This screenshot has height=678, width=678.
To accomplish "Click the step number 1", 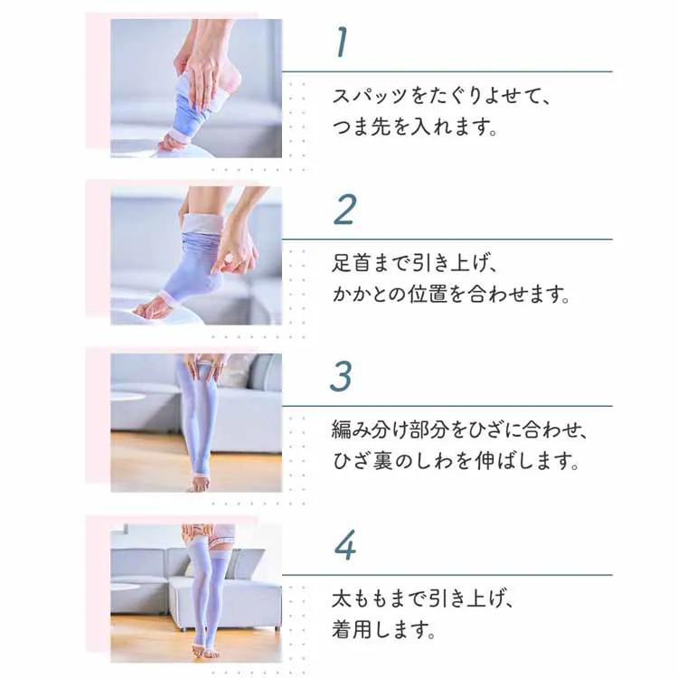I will pos(342,42).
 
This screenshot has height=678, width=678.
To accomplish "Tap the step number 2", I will pos(344,210).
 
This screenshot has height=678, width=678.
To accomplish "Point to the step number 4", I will pos(344,546).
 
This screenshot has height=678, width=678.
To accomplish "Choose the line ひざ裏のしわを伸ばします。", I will pos(456,463).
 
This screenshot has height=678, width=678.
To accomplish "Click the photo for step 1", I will pos(196,89).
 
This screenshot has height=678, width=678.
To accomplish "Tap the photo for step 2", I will pos(196,256).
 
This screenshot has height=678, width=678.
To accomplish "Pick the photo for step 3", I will pos(196,423).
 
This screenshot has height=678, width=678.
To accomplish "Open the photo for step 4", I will pos(196,590).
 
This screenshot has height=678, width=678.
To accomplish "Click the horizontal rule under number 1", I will pos(447,71).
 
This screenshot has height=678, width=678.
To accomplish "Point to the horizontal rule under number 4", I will pos(447,575).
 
